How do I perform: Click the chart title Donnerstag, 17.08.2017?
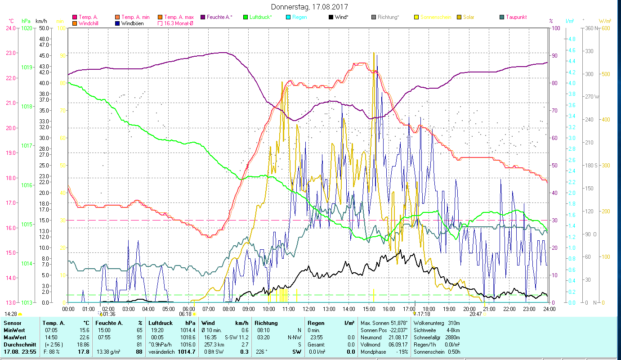click(x=310, y=7)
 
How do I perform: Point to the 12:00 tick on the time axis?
click(x=309, y=309)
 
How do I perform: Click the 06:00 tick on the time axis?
click(x=188, y=309)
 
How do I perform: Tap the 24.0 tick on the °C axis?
click(x=10, y=28)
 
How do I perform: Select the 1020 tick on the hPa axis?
click(x=27, y=28)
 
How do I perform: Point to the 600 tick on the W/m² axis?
click(x=605, y=28)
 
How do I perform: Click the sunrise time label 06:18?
click(x=185, y=314)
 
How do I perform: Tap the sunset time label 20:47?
click(x=475, y=314)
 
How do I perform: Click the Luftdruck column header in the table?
click(x=160, y=323)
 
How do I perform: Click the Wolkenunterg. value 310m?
click(x=454, y=323)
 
